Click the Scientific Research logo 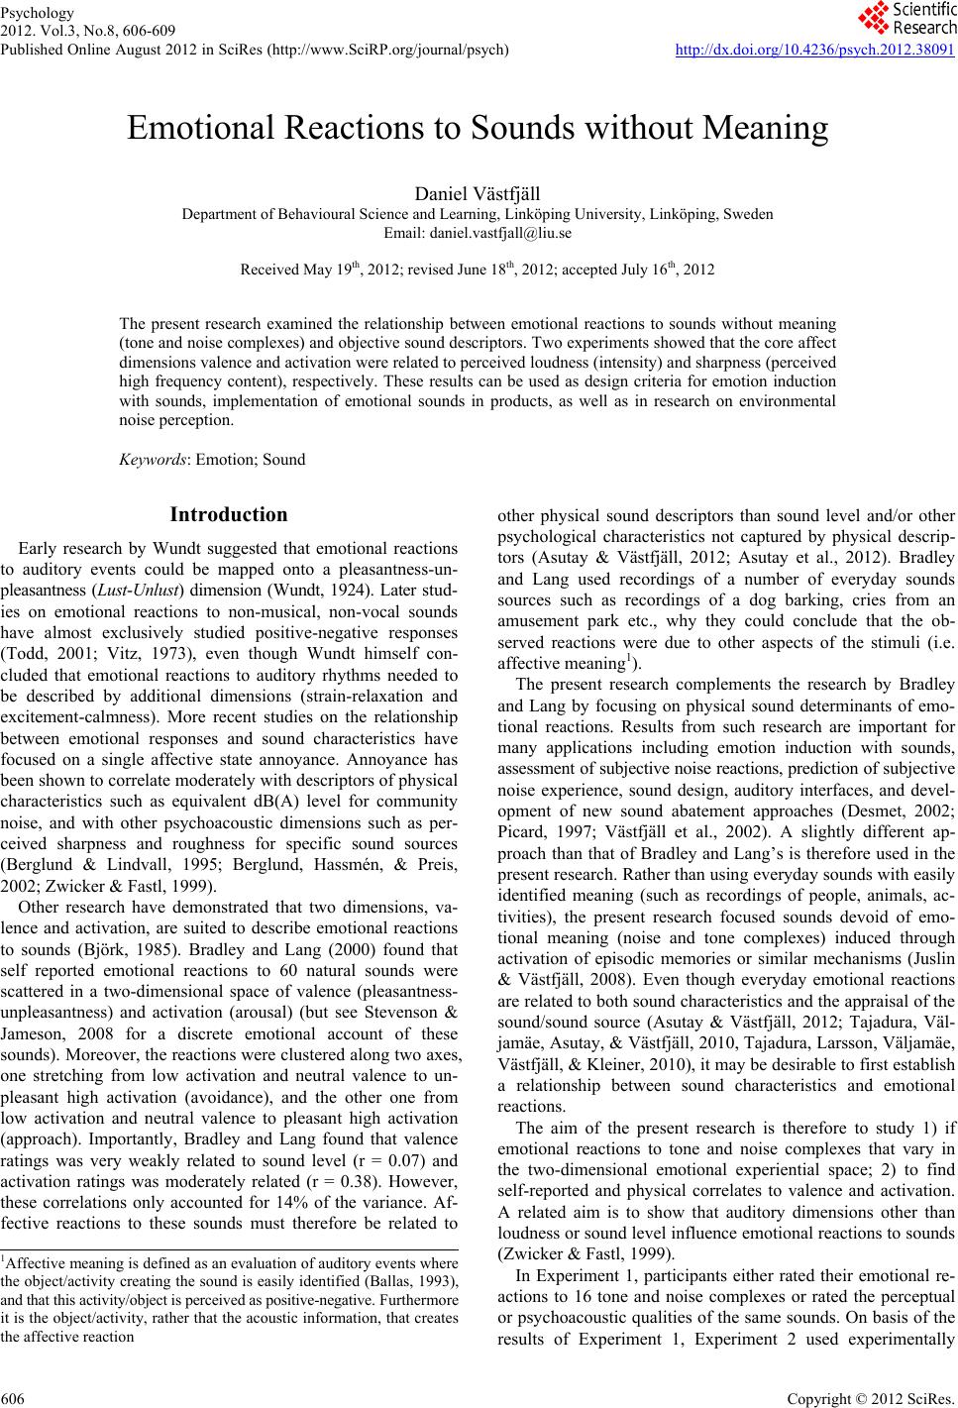point(905,18)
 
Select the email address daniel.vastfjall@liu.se point(477,234)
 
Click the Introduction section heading point(229,515)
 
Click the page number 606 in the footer point(13,1396)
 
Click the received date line point(478,270)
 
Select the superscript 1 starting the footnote point(3,1259)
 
